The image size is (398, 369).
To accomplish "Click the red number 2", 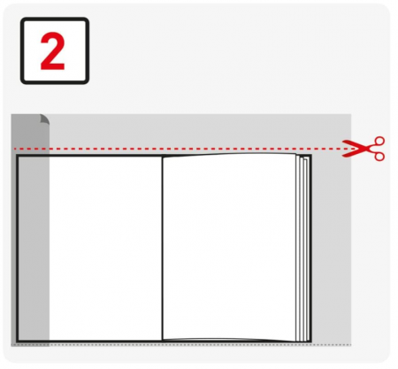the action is [x=52, y=51].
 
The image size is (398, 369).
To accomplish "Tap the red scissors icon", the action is [x=364, y=149].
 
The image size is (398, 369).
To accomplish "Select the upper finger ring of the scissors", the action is [x=379, y=142].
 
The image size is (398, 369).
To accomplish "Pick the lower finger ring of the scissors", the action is [x=379, y=156].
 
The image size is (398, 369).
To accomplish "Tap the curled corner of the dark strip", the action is [x=44, y=119].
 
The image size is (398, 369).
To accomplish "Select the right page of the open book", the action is [x=229, y=247].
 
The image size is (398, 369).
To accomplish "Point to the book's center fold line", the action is [x=162, y=249].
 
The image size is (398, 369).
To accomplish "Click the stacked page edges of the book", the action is [x=303, y=249].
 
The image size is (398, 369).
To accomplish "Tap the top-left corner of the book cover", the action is [x=17, y=156].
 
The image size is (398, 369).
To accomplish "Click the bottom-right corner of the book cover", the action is [x=310, y=342].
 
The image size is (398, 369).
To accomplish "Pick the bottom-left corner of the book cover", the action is [x=17, y=342].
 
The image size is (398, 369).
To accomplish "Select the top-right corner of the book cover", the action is [x=310, y=156].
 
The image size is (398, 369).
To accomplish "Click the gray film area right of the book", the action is [x=332, y=249].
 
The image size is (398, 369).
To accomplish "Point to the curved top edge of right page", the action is [x=229, y=154].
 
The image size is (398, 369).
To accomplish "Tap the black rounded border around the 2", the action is [x=55, y=19].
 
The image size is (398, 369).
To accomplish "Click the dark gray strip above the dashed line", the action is [x=29, y=131].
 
